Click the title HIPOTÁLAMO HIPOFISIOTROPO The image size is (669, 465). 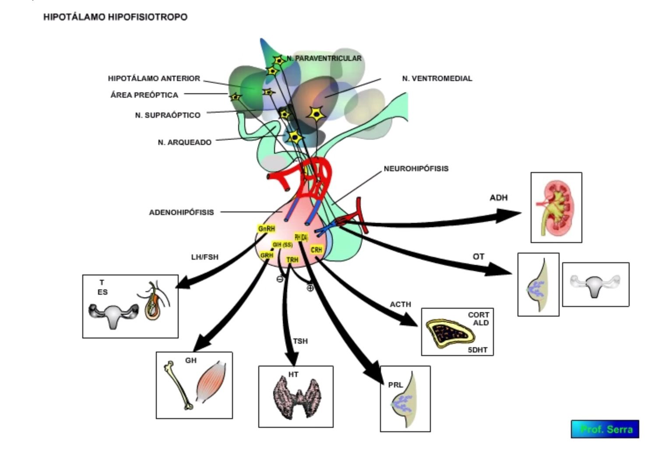tap(115, 17)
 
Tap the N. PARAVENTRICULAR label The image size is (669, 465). tap(324, 58)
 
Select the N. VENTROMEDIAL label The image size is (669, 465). tap(437, 78)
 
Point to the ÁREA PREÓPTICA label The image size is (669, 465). tap(144, 95)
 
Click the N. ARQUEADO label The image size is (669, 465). tap(184, 142)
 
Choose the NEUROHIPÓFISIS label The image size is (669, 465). tap(416, 169)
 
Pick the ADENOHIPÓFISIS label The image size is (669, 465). tap(181, 212)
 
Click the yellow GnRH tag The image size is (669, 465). tap(266, 229)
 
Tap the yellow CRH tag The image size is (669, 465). tap(316, 250)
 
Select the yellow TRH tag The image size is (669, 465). tap(292, 260)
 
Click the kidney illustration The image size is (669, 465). tap(555, 207)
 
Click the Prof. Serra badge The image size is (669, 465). tap(605, 429)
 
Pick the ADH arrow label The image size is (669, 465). tap(498, 197)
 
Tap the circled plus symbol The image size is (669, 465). tap(310, 288)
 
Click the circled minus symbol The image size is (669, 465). tap(280, 279)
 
